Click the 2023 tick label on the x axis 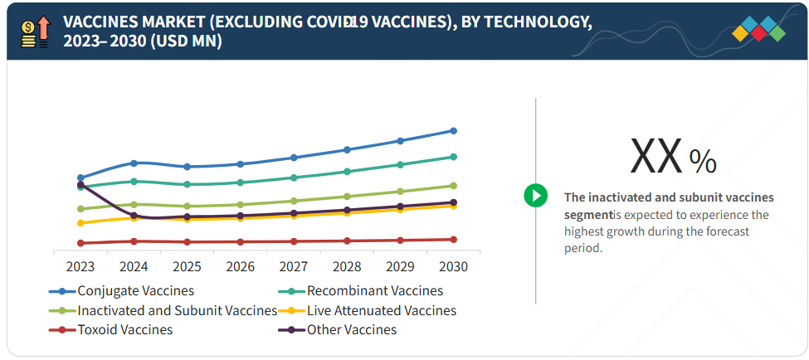tap(80, 267)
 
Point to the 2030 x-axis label tap(453, 267)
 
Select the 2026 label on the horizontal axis tap(240, 267)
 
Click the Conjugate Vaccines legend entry tap(135, 291)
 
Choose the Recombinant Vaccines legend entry tap(374, 291)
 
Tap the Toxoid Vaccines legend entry tap(124, 330)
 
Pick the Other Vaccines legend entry tap(351, 330)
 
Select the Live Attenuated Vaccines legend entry tap(381, 310)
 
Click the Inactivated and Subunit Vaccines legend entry tap(177, 310)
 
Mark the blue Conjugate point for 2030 tap(453, 130)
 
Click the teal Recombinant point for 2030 tap(453, 157)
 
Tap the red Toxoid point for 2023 tap(80, 243)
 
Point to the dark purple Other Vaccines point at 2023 tap(80, 185)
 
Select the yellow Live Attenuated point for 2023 tap(80, 223)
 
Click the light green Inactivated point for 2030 tap(453, 186)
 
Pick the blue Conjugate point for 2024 tap(134, 163)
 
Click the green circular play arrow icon tap(535, 196)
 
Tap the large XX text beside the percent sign tap(656, 156)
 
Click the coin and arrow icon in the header tap(35, 31)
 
